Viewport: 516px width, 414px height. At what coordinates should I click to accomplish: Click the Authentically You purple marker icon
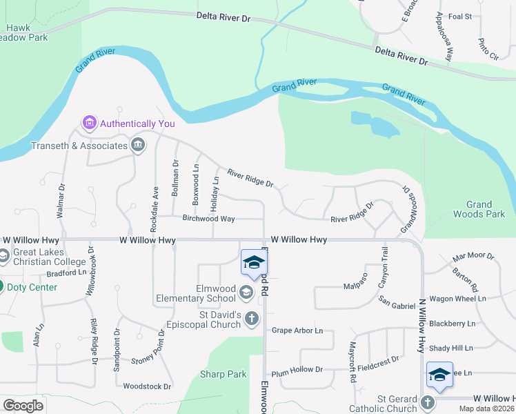coord(88,124)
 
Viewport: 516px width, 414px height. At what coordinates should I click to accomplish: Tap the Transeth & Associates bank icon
coord(137,145)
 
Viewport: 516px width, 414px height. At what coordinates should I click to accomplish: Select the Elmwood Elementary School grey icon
coord(246,293)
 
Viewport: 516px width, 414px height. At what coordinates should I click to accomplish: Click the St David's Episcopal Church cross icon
coord(252,318)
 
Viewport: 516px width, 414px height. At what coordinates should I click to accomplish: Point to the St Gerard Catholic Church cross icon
coord(427,402)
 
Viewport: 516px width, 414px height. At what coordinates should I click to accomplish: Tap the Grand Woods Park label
coord(479,209)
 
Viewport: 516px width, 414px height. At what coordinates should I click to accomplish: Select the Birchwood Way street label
coord(208,219)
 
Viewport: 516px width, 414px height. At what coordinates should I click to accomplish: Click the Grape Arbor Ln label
coord(297,331)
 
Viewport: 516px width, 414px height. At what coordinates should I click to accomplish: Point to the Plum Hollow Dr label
coord(297,370)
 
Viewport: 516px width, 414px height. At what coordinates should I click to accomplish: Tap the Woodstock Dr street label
coord(147,386)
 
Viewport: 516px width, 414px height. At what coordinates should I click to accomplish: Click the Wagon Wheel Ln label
coord(457,299)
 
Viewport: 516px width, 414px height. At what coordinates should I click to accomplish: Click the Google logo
coord(23,406)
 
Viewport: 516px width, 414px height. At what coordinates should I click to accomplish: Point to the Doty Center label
coord(33,286)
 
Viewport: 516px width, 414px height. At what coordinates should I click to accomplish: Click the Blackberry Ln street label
coord(452,323)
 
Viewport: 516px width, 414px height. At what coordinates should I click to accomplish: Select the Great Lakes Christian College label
coord(47,257)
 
